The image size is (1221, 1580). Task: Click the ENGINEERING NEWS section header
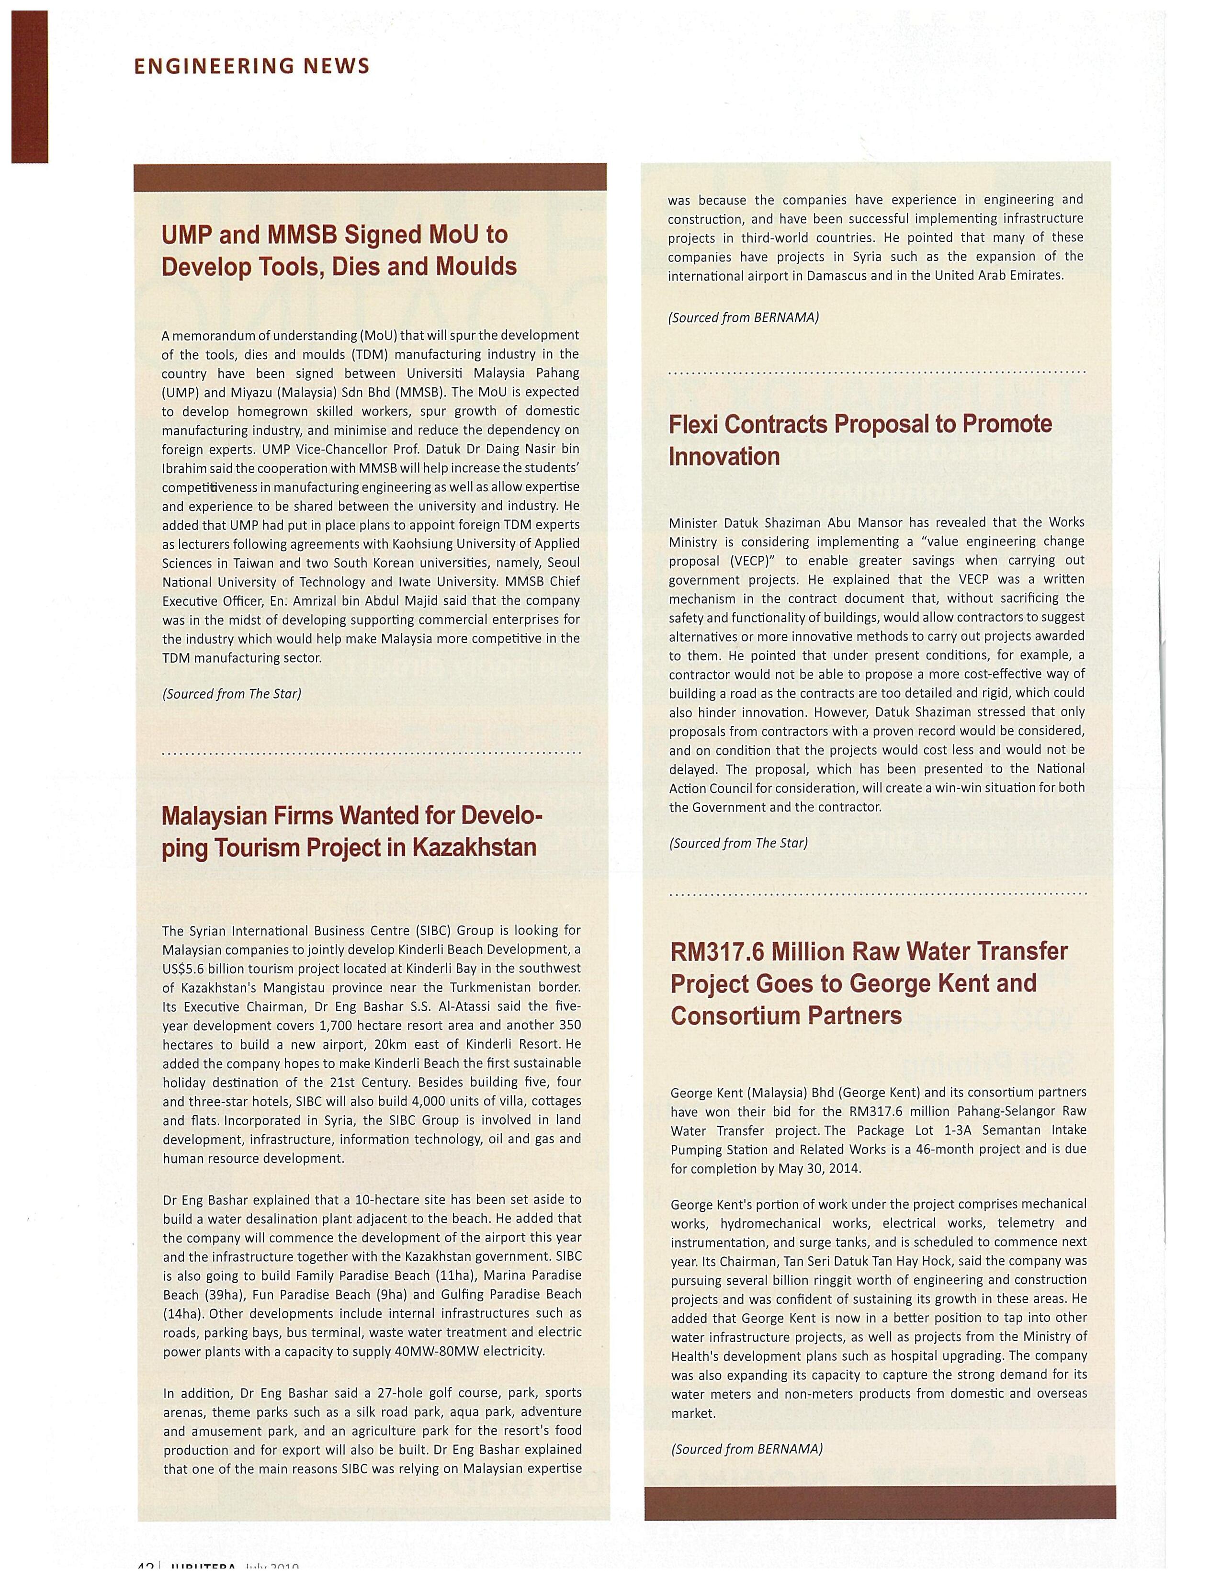pyautogui.click(x=252, y=67)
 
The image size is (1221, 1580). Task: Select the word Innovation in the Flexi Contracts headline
pyautogui.click(x=724, y=456)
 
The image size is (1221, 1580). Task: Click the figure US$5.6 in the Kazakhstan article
pyautogui.click(x=190, y=969)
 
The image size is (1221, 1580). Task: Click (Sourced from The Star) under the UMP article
pyautogui.click(x=231, y=694)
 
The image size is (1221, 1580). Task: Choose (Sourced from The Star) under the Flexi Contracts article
pyautogui.click(x=738, y=843)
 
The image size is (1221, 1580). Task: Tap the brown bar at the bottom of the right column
pyautogui.click(x=880, y=1502)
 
